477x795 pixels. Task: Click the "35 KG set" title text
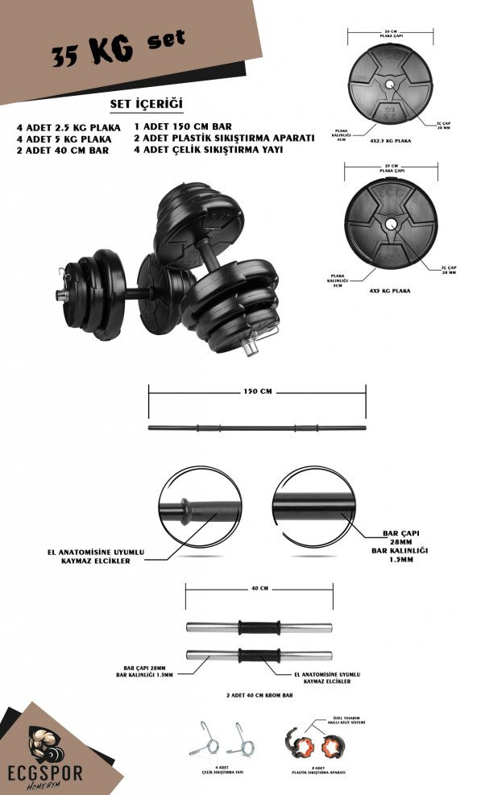click(118, 49)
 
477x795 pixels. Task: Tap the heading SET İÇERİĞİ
click(147, 105)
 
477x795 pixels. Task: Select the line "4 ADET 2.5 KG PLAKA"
click(68, 127)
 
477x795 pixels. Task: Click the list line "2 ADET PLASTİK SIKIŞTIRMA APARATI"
click(223, 138)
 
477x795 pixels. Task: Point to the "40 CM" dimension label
click(258, 588)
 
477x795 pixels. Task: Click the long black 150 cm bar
click(256, 427)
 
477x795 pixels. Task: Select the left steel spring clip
click(203, 739)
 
